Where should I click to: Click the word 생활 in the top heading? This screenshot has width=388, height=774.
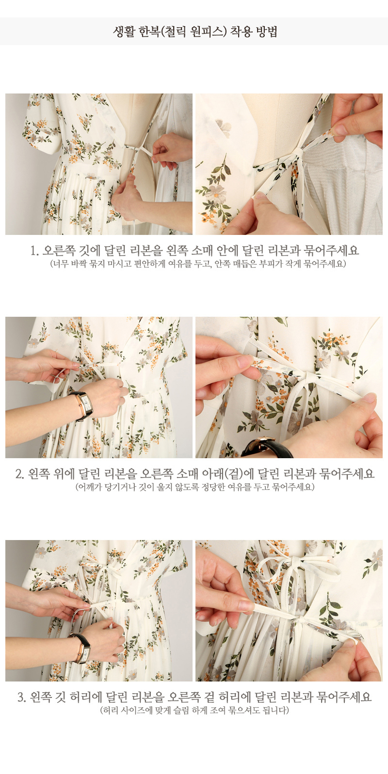[x=124, y=31]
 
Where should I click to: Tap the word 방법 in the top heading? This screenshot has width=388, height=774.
[x=267, y=31]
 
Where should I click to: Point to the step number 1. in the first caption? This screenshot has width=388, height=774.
[x=34, y=250]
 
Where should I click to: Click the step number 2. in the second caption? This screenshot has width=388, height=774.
[x=20, y=474]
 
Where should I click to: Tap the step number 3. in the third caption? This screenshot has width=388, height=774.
[x=22, y=697]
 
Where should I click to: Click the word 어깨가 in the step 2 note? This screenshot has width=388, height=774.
[x=91, y=487]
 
